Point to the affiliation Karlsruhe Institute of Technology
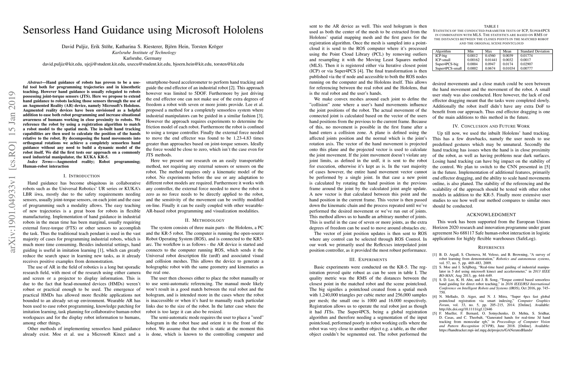coord(144,53)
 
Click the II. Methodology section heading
coord(205,220)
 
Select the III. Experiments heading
coord(368,259)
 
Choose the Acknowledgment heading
coord(491,215)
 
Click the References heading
coord(491,247)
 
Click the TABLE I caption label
coord(491,27)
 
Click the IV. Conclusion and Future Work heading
coord(491,126)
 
